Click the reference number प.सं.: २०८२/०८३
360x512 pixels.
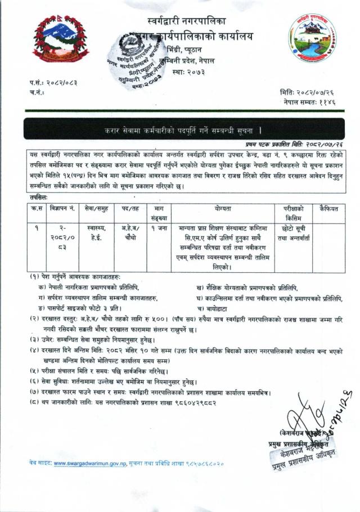click(x=53, y=83)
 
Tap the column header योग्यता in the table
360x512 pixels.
click(x=222, y=209)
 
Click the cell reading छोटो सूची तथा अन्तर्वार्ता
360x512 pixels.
click(x=292, y=234)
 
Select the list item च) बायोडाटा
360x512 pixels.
click(x=214, y=309)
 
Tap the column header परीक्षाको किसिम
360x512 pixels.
click(x=292, y=212)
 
